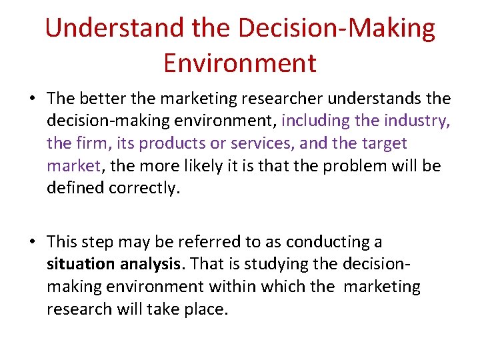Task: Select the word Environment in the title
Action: click(x=239, y=63)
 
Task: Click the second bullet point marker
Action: click(x=32, y=243)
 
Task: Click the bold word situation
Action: click(x=81, y=264)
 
